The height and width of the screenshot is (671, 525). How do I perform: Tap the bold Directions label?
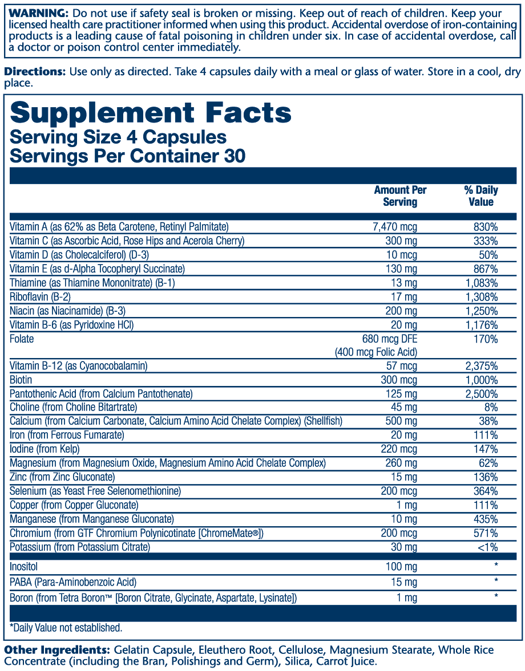pos(35,72)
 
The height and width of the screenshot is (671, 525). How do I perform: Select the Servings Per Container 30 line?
pos(128,156)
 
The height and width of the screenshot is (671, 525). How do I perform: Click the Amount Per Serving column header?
pos(400,196)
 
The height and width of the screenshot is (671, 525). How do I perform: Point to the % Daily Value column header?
pos(481,196)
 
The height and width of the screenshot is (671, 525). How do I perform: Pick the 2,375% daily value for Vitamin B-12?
pos(481,366)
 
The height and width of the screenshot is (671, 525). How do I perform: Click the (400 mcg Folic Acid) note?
pos(376,352)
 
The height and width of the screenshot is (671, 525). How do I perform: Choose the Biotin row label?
pos(21,380)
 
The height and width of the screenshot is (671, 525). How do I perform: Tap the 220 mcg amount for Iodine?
pos(399,449)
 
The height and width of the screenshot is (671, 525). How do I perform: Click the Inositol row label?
pos(24,567)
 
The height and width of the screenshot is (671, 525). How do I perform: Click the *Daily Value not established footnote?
pos(66,628)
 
